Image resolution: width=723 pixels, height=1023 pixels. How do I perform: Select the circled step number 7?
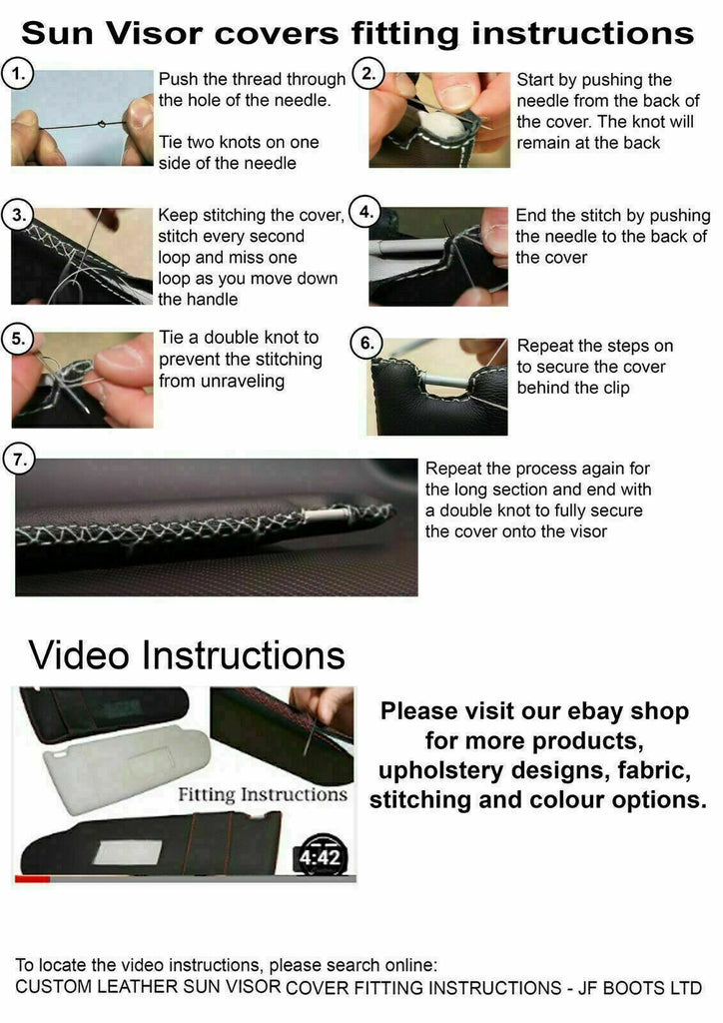(19, 460)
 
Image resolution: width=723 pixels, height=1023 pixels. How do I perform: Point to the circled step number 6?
(367, 344)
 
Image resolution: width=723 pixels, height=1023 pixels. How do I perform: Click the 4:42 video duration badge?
(320, 856)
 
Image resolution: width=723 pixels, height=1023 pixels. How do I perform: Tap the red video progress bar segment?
(33, 879)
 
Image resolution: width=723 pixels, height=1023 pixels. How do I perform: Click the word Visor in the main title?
(154, 33)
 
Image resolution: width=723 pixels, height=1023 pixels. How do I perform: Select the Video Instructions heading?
(187, 655)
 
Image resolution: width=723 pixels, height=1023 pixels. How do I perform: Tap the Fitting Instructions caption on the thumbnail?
(263, 794)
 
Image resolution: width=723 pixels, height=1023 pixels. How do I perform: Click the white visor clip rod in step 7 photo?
(323, 516)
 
